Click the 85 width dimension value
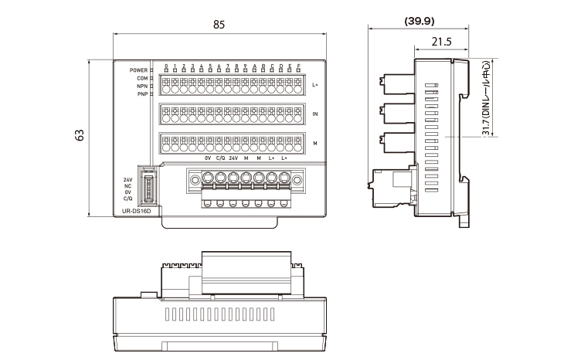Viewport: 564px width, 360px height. point(219,25)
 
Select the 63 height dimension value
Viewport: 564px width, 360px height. point(79,134)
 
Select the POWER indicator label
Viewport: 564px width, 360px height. point(139,70)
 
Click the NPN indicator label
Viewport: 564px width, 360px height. point(142,86)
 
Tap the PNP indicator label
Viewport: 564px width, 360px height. point(142,93)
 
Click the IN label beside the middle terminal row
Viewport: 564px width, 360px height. point(315,114)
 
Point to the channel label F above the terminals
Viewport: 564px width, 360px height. point(299,66)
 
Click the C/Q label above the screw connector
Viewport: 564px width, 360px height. point(220,158)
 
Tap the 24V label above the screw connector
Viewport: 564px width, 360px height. point(233,158)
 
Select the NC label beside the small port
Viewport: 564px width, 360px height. point(127,185)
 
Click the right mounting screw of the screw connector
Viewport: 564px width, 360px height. point(297,182)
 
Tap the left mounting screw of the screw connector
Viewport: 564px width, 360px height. point(194,182)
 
